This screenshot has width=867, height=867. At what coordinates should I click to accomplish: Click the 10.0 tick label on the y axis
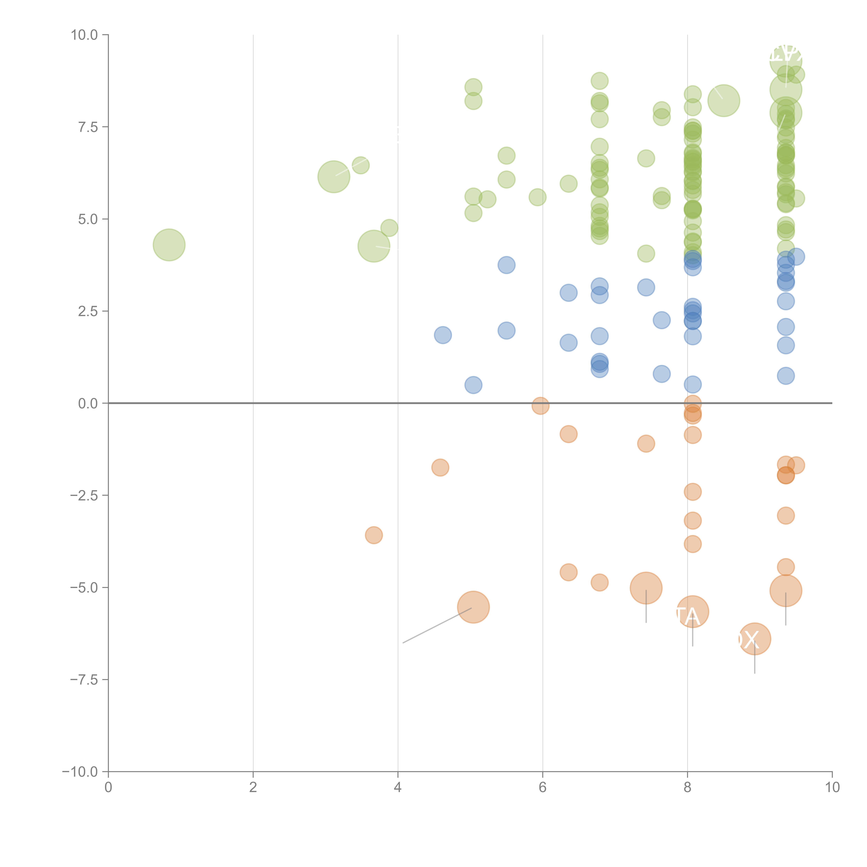coord(84,35)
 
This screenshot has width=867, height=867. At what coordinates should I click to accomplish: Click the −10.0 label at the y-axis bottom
coord(81,772)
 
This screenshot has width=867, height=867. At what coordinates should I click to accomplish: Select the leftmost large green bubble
coord(169,245)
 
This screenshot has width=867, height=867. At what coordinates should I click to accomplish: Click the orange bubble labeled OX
coord(755,639)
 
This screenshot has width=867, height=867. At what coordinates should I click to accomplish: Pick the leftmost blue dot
coord(443,335)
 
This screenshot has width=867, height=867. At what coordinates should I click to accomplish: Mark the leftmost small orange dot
coord(374,535)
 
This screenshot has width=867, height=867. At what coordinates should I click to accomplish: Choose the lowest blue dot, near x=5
coord(473,385)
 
